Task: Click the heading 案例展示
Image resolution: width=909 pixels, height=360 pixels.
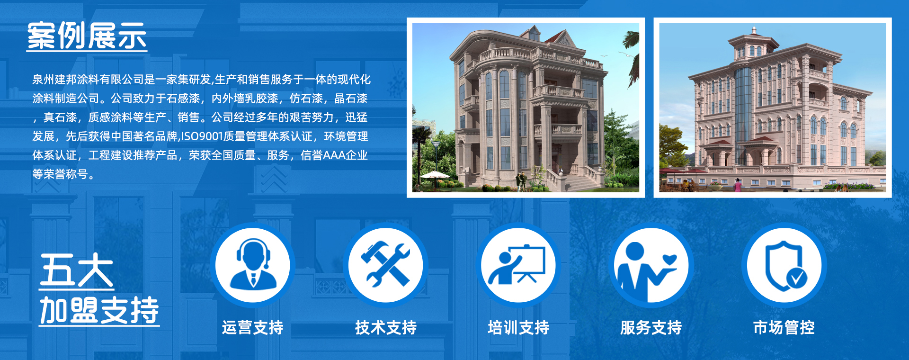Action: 87,36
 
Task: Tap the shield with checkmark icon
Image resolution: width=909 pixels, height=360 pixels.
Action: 784,265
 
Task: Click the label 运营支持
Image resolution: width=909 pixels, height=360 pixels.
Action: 253,327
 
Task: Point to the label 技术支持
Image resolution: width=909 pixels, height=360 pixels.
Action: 386,327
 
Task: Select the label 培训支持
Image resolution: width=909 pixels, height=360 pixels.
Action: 518,327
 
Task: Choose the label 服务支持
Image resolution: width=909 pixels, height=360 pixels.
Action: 651,327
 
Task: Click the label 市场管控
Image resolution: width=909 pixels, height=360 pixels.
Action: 784,327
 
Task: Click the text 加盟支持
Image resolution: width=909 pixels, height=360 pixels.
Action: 99,310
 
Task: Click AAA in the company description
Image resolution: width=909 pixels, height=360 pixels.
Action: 334,155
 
